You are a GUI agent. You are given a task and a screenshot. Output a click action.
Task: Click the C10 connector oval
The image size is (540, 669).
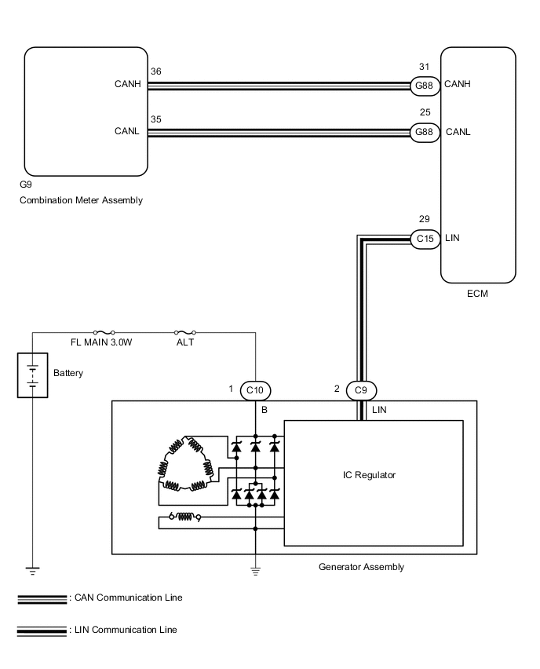255,389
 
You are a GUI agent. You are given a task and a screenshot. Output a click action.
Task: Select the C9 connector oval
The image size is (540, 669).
362,389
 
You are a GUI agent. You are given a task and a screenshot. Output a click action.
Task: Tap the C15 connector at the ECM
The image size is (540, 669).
425,238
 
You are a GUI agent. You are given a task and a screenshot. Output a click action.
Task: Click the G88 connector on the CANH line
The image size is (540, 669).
425,85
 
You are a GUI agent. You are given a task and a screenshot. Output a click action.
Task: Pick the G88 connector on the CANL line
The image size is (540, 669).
425,132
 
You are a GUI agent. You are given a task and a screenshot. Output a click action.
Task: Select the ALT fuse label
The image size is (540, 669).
185,343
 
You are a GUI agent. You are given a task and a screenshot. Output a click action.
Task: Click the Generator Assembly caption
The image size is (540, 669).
362,566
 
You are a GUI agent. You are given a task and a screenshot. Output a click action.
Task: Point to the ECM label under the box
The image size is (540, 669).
478,294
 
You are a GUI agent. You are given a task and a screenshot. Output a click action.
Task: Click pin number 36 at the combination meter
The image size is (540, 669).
155,71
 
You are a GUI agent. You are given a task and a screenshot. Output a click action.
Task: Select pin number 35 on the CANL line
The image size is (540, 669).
155,119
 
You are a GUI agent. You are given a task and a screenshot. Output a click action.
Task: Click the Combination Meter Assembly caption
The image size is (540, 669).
81,200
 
